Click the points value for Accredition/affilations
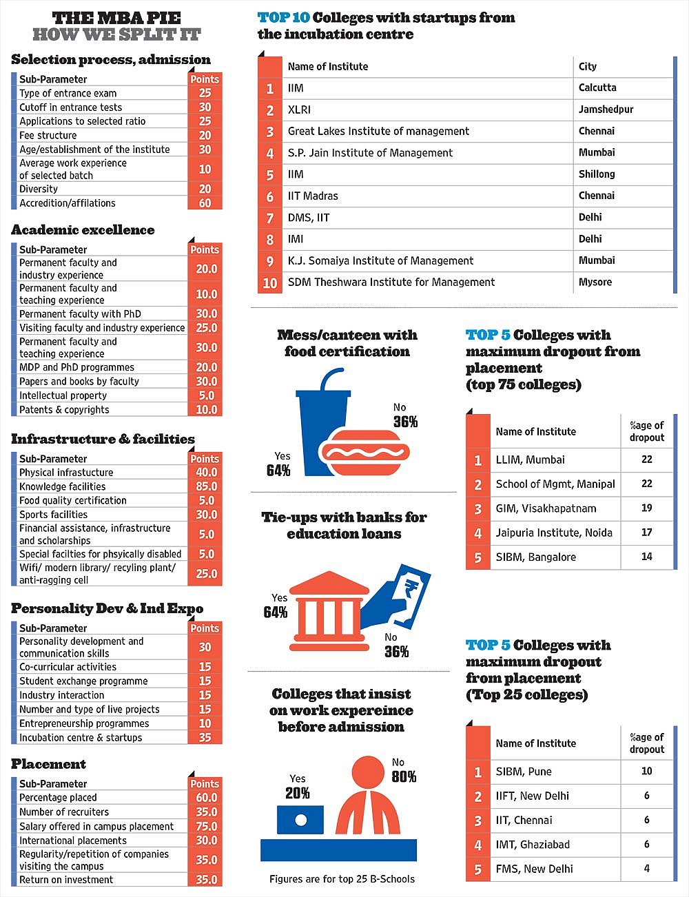tap(205, 203)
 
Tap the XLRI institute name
tap(299, 110)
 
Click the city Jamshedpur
tap(606, 110)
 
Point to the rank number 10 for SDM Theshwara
tap(270, 283)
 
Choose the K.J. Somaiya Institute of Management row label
tap(380, 261)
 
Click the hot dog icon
tap(365, 453)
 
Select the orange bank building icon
tap(329, 611)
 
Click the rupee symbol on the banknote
tap(411, 586)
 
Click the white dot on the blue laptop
tap(301, 820)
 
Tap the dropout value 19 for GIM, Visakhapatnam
tap(646, 508)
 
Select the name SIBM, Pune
tap(524, 772)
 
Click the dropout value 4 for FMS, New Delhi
tap(647, 869)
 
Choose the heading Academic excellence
tap(83, 230)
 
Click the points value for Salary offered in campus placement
tap(207, 826)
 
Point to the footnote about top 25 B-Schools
tap(342, 879)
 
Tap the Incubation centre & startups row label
tap(81, 738)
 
